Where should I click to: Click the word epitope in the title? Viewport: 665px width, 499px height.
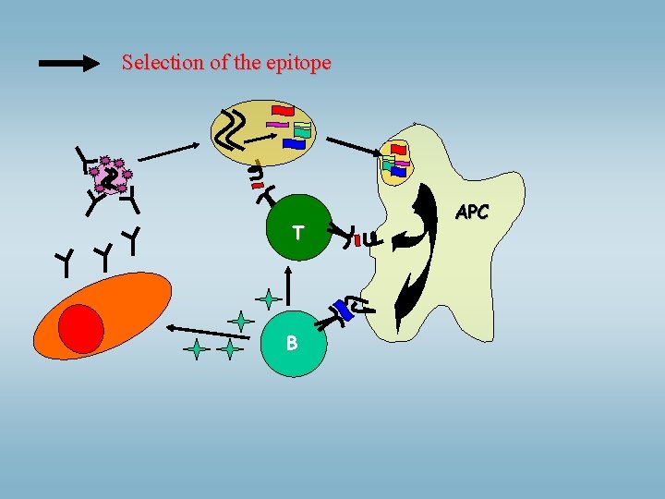point(297,64)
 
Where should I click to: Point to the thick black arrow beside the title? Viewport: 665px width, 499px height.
point(70,63)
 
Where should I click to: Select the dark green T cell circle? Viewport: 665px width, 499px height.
point(296,230)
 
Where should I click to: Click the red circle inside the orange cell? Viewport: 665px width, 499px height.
point(81,328)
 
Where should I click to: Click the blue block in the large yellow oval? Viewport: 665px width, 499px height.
point(294,144)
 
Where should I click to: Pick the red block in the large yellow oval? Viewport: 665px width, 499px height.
point(283,110)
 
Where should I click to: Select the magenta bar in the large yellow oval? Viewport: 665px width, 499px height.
point(277,124)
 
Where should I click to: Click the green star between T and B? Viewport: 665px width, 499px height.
point(268,298)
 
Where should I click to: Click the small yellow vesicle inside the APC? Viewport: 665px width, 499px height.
point(395,164)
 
